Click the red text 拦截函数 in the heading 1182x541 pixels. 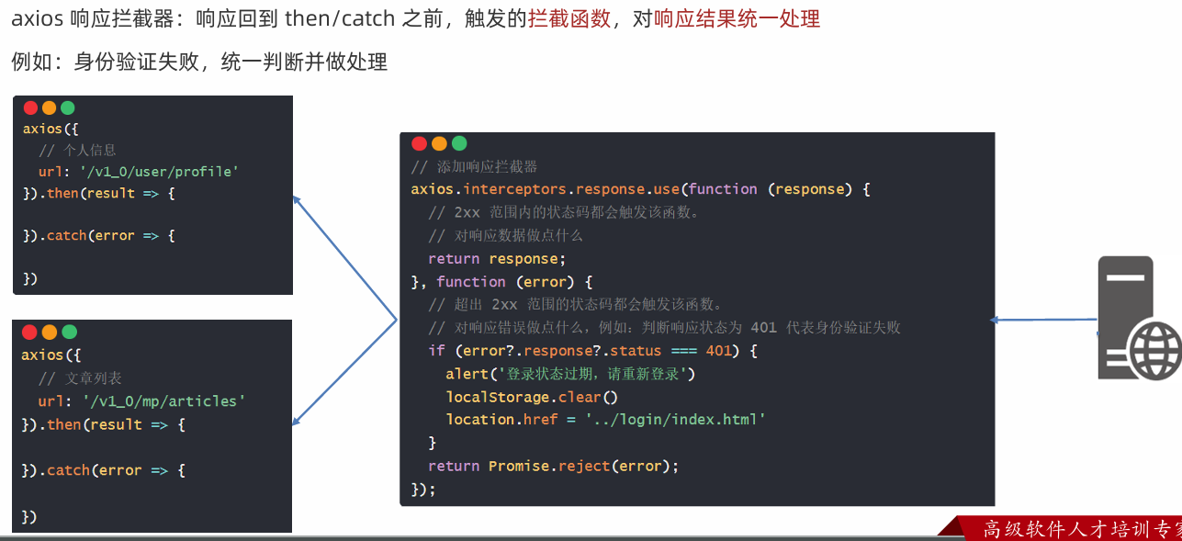click(x=568, y=18)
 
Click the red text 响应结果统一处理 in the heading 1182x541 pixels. click(x=737, y=18)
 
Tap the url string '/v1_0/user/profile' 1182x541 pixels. click(x=160, y=171)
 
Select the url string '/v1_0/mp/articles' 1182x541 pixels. click(x=163, y=400)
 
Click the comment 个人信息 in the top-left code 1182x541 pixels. click(x=89, y=150)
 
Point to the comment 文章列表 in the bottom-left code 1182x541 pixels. click(x=93, y=378)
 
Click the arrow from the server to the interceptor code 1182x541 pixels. click(x=1044, y=320)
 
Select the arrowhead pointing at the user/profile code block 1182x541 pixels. click(x=297, y=197)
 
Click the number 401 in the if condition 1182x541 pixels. click(x=719, y=351)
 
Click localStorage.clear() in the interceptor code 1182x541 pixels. click(x=532, y=397)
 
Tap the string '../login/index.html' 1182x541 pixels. click(x=675, y=419)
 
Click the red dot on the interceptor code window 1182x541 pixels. click(x=419, y=143)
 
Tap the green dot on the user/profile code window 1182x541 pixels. click(x=67, y=107)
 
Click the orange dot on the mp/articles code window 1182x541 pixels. click(x=49, y=332)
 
